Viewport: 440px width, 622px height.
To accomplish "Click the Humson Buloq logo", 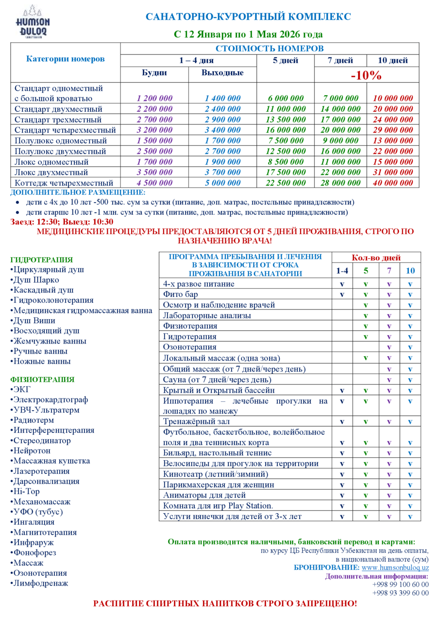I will [33, 21].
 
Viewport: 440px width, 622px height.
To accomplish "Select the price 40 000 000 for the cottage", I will [393, 183].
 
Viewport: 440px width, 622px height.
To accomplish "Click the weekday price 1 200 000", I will [154, 98].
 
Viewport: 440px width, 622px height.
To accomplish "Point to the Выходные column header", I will [222, 73].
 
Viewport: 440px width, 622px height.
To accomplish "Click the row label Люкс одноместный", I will [51, 162].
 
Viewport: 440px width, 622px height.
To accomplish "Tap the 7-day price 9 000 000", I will [340, 140].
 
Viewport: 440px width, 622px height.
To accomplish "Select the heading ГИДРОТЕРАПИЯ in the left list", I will [41, 259].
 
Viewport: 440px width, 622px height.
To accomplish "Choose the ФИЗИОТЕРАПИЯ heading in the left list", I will [42, 380].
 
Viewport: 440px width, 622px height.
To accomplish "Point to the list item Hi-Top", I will [26, 491].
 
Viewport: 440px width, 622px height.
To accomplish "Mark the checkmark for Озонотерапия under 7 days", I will [389, 347].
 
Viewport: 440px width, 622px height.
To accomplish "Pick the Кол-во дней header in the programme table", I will [376, 258].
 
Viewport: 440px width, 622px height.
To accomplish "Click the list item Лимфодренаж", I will [41, 583].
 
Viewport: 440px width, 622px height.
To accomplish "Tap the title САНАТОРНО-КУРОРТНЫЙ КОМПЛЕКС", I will [248, 17].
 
